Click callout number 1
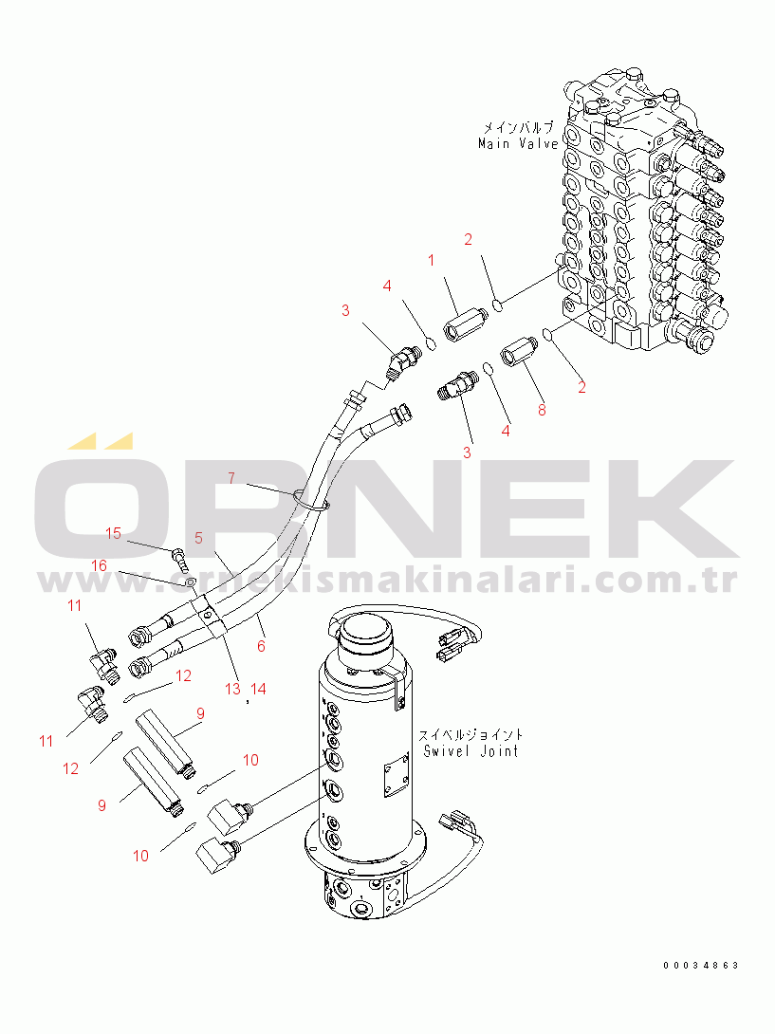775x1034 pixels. click(x=431, y=261)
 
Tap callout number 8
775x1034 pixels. click(x=542, y=410)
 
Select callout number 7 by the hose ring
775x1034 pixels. click(x=231, y=477)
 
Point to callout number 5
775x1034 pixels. click(x=198, y=538)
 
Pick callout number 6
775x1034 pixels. click(x=261, y=646)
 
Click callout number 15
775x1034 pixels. click(x=114, y=533)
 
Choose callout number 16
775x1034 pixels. click(x=99, y=565)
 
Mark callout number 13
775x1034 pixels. click(x=232, y=689)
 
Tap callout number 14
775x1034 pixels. click(x=259, y=689)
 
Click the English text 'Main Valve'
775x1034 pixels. click(x=519, y=143)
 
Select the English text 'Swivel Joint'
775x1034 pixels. click(x=471, y=750)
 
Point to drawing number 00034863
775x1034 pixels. click(x=701, y=966)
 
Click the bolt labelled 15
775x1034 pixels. click(x=181, y=559)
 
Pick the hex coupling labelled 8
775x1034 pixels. click(x=519, y=351)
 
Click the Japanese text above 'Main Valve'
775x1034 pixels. click(x=518, y=128)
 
